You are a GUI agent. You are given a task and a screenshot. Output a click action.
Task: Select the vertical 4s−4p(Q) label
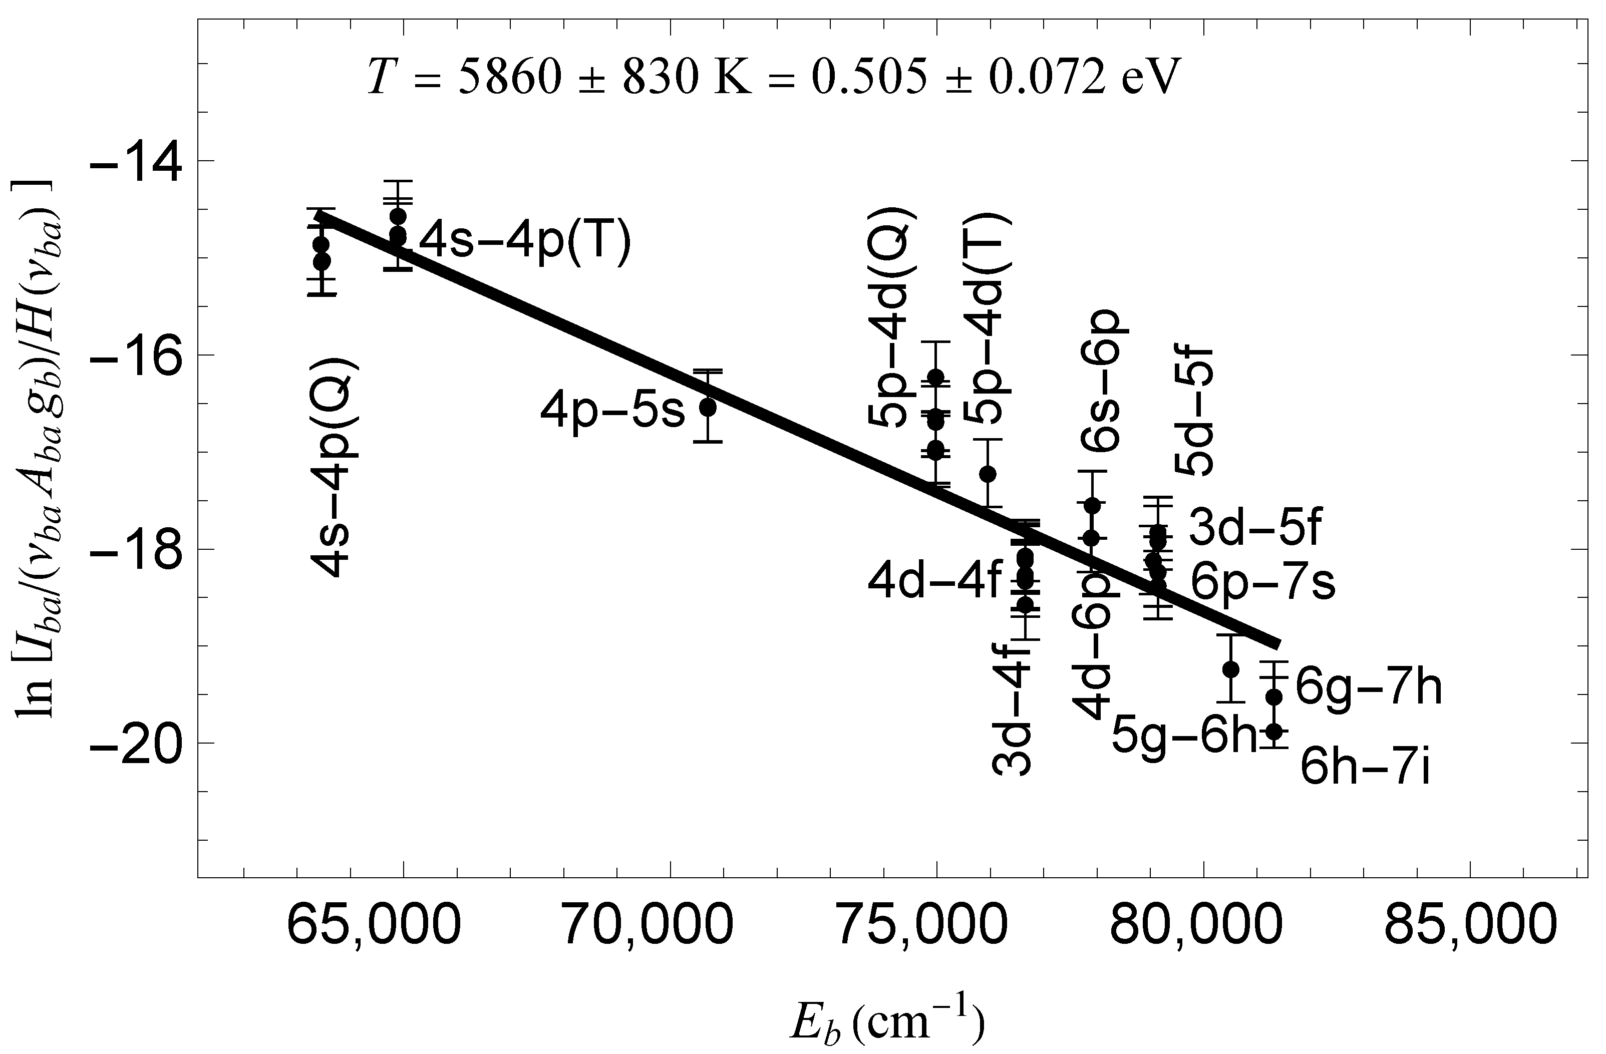point(334,466)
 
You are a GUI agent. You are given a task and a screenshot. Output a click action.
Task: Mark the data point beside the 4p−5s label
point(708,407)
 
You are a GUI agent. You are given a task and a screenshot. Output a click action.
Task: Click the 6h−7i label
point(1365,769)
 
